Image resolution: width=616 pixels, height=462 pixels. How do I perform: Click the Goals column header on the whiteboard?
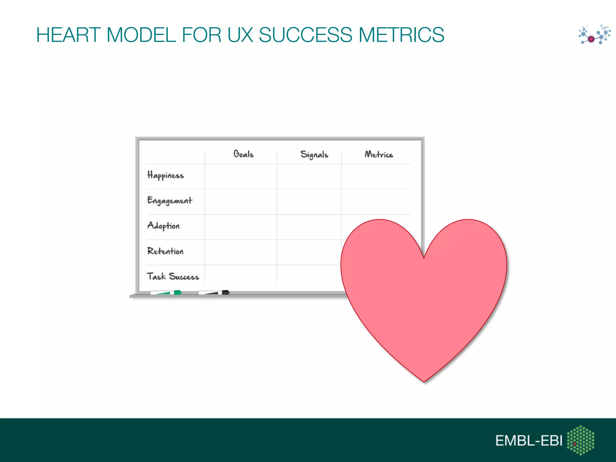click(243, 154)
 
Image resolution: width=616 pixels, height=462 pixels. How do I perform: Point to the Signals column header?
click(314, 155)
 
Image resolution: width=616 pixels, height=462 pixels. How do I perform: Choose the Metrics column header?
click(379, 154)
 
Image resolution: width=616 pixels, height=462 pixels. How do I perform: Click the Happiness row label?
click(165, 175)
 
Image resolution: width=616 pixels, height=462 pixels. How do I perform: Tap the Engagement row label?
click(170, 201)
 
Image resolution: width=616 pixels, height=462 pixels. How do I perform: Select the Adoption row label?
click(163, 226)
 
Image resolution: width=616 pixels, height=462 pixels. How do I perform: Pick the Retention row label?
click(165, 251)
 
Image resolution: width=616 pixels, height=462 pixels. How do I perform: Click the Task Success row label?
click(173, 276)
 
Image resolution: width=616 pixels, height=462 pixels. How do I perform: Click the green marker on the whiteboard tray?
click(166, 292)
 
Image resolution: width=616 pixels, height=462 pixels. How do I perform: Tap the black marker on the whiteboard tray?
click(214, 292)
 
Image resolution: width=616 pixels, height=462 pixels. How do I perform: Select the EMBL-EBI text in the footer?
click(528, 441)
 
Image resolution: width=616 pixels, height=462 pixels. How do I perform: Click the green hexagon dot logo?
click(581, 440)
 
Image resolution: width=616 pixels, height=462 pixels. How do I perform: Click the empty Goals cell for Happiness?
click(241, 177)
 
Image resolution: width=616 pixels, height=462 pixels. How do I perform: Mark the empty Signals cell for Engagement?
click(309, 202)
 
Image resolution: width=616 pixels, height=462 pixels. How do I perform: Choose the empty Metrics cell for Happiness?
click(376, 177)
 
